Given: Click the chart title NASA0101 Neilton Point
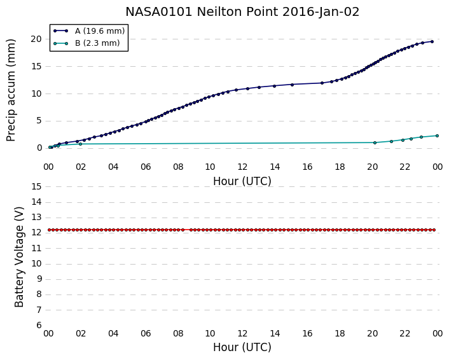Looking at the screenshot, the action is pyautogui.click(x=202, y=12).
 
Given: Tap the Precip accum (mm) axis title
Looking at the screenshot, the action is pyautogui.click(x=11, y=90).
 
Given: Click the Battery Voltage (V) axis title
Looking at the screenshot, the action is pyautogui.click(x=19, y=257).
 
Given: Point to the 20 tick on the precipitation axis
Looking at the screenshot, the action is pyautogui.click(x=36, y=39).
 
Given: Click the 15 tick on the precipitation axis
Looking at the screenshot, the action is pyautogui.click(x=36, y=66).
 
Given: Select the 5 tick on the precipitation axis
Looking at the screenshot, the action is pyautogui.click(x=39, y=121).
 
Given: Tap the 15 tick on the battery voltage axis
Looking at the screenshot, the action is pyautogui.click(x=36, y=187).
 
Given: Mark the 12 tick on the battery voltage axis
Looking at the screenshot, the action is pyautogui.click(x=36, y=233).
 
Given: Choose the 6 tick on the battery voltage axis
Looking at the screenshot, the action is pyautogui.click(x=39, y=326).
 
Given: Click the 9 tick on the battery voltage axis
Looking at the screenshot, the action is pyautogui.click(x=39, y=279).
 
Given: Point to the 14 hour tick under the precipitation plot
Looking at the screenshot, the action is pyautogui.click(x=275, y=167).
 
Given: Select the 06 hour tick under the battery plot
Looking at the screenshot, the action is pyautogui.click(x=146, y=333).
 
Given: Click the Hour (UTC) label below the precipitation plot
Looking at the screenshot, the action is pyautogui.click(x=242, y=181).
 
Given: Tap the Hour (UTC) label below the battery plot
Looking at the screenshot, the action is pyautogui.click(x=242, y=347).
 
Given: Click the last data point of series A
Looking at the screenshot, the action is pyautogui.click(x=432, y=41).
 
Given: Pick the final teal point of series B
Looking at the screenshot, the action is pyautogui.click(x=437, y=135).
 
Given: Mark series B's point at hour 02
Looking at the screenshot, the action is pyautogui.click(x=80, y=144).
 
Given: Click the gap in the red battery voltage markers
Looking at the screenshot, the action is pyautogui.click(x=187, y=230).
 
